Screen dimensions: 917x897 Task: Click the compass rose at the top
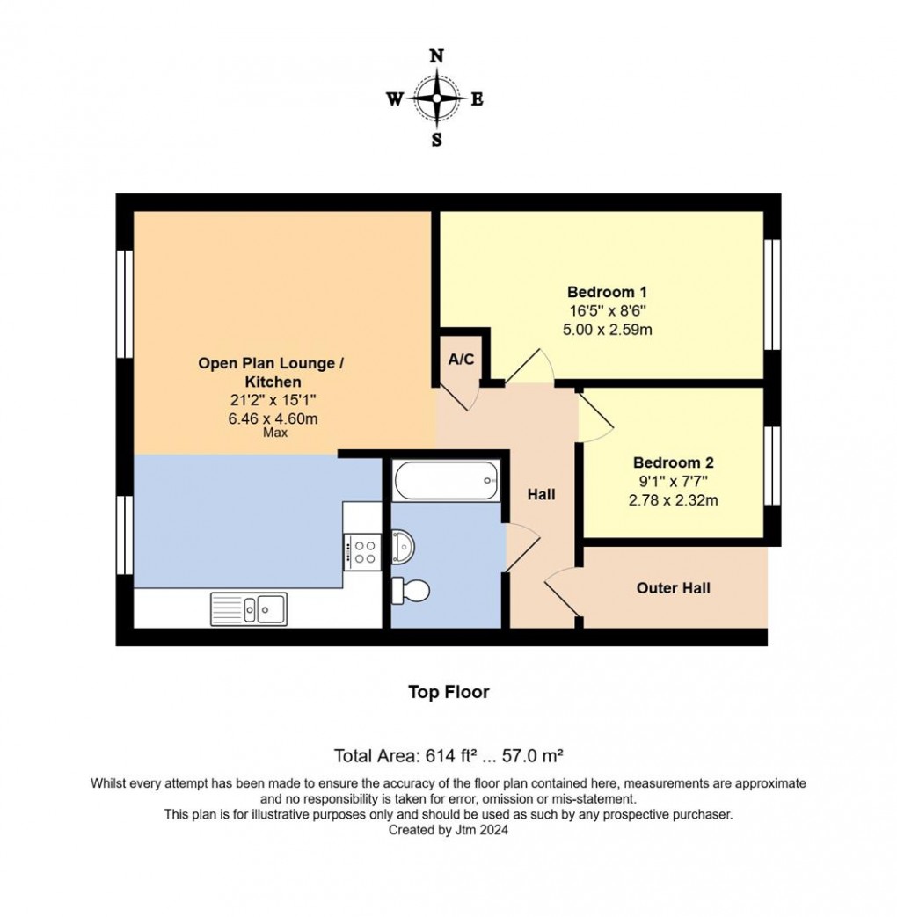point(436,98)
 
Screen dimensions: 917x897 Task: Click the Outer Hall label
point(674,588)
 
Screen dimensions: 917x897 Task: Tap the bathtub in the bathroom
point(446,480)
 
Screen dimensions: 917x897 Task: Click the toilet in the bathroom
point(410,590)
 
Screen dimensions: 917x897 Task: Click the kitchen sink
point(249,608)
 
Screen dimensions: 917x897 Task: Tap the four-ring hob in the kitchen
point(361,550)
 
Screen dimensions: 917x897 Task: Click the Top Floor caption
point(448,692)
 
